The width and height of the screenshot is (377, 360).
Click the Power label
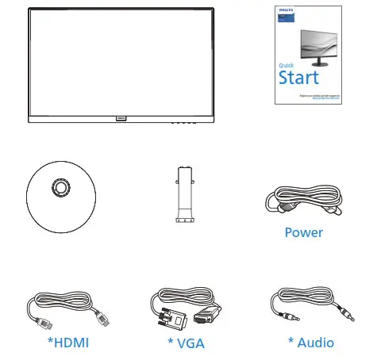303,233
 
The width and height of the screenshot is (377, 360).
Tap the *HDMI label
67,343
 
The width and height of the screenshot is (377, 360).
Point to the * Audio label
310,343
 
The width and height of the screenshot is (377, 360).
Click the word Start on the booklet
298,78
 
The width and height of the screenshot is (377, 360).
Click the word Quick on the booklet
287,65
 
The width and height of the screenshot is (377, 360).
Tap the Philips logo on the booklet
283,11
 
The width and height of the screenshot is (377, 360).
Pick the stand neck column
184,194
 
